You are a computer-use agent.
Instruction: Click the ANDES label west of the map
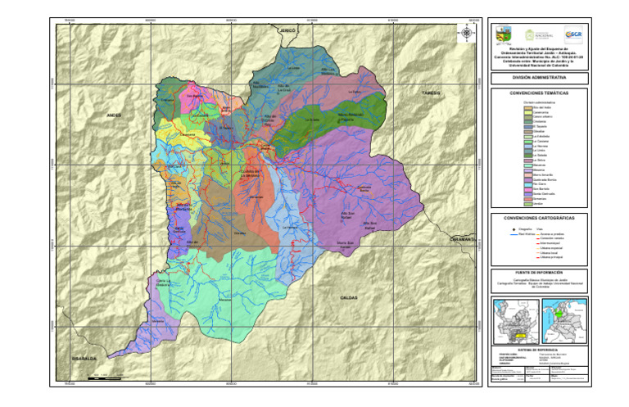[113, 116]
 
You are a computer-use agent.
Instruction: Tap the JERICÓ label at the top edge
[287, 29]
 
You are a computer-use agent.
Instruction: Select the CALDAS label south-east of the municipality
[350, 297]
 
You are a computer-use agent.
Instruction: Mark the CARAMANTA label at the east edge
[464, 239]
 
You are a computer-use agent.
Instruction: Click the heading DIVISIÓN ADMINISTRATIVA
[539, 78]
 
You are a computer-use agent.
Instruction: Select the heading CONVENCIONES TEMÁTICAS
[539, 94]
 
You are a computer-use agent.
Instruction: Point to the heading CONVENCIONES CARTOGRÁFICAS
[539, 219]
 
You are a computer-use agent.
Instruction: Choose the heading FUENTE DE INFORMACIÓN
[539, 272]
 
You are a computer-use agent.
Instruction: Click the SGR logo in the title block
[576, 35]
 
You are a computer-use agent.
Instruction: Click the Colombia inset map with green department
[563, 319]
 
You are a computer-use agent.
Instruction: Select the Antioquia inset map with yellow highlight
[514, 319]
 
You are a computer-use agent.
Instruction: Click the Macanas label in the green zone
[225, 301]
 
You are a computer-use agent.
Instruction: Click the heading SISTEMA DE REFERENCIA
[539, 348]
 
